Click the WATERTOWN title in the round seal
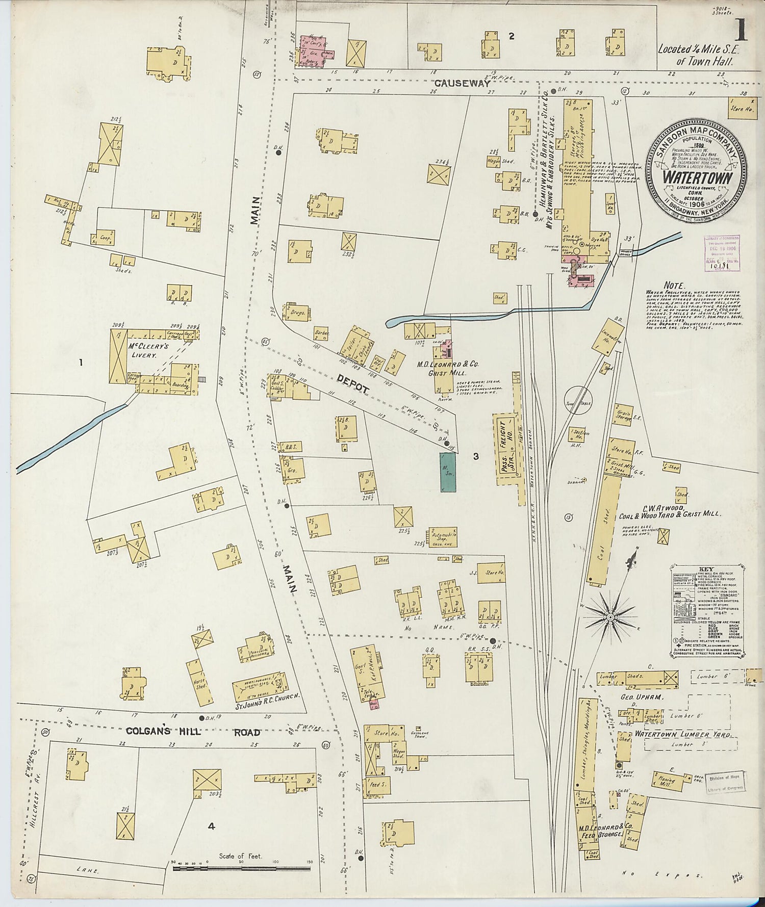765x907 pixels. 698,178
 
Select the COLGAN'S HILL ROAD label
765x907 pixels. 193,733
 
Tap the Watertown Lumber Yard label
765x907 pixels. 683,735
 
